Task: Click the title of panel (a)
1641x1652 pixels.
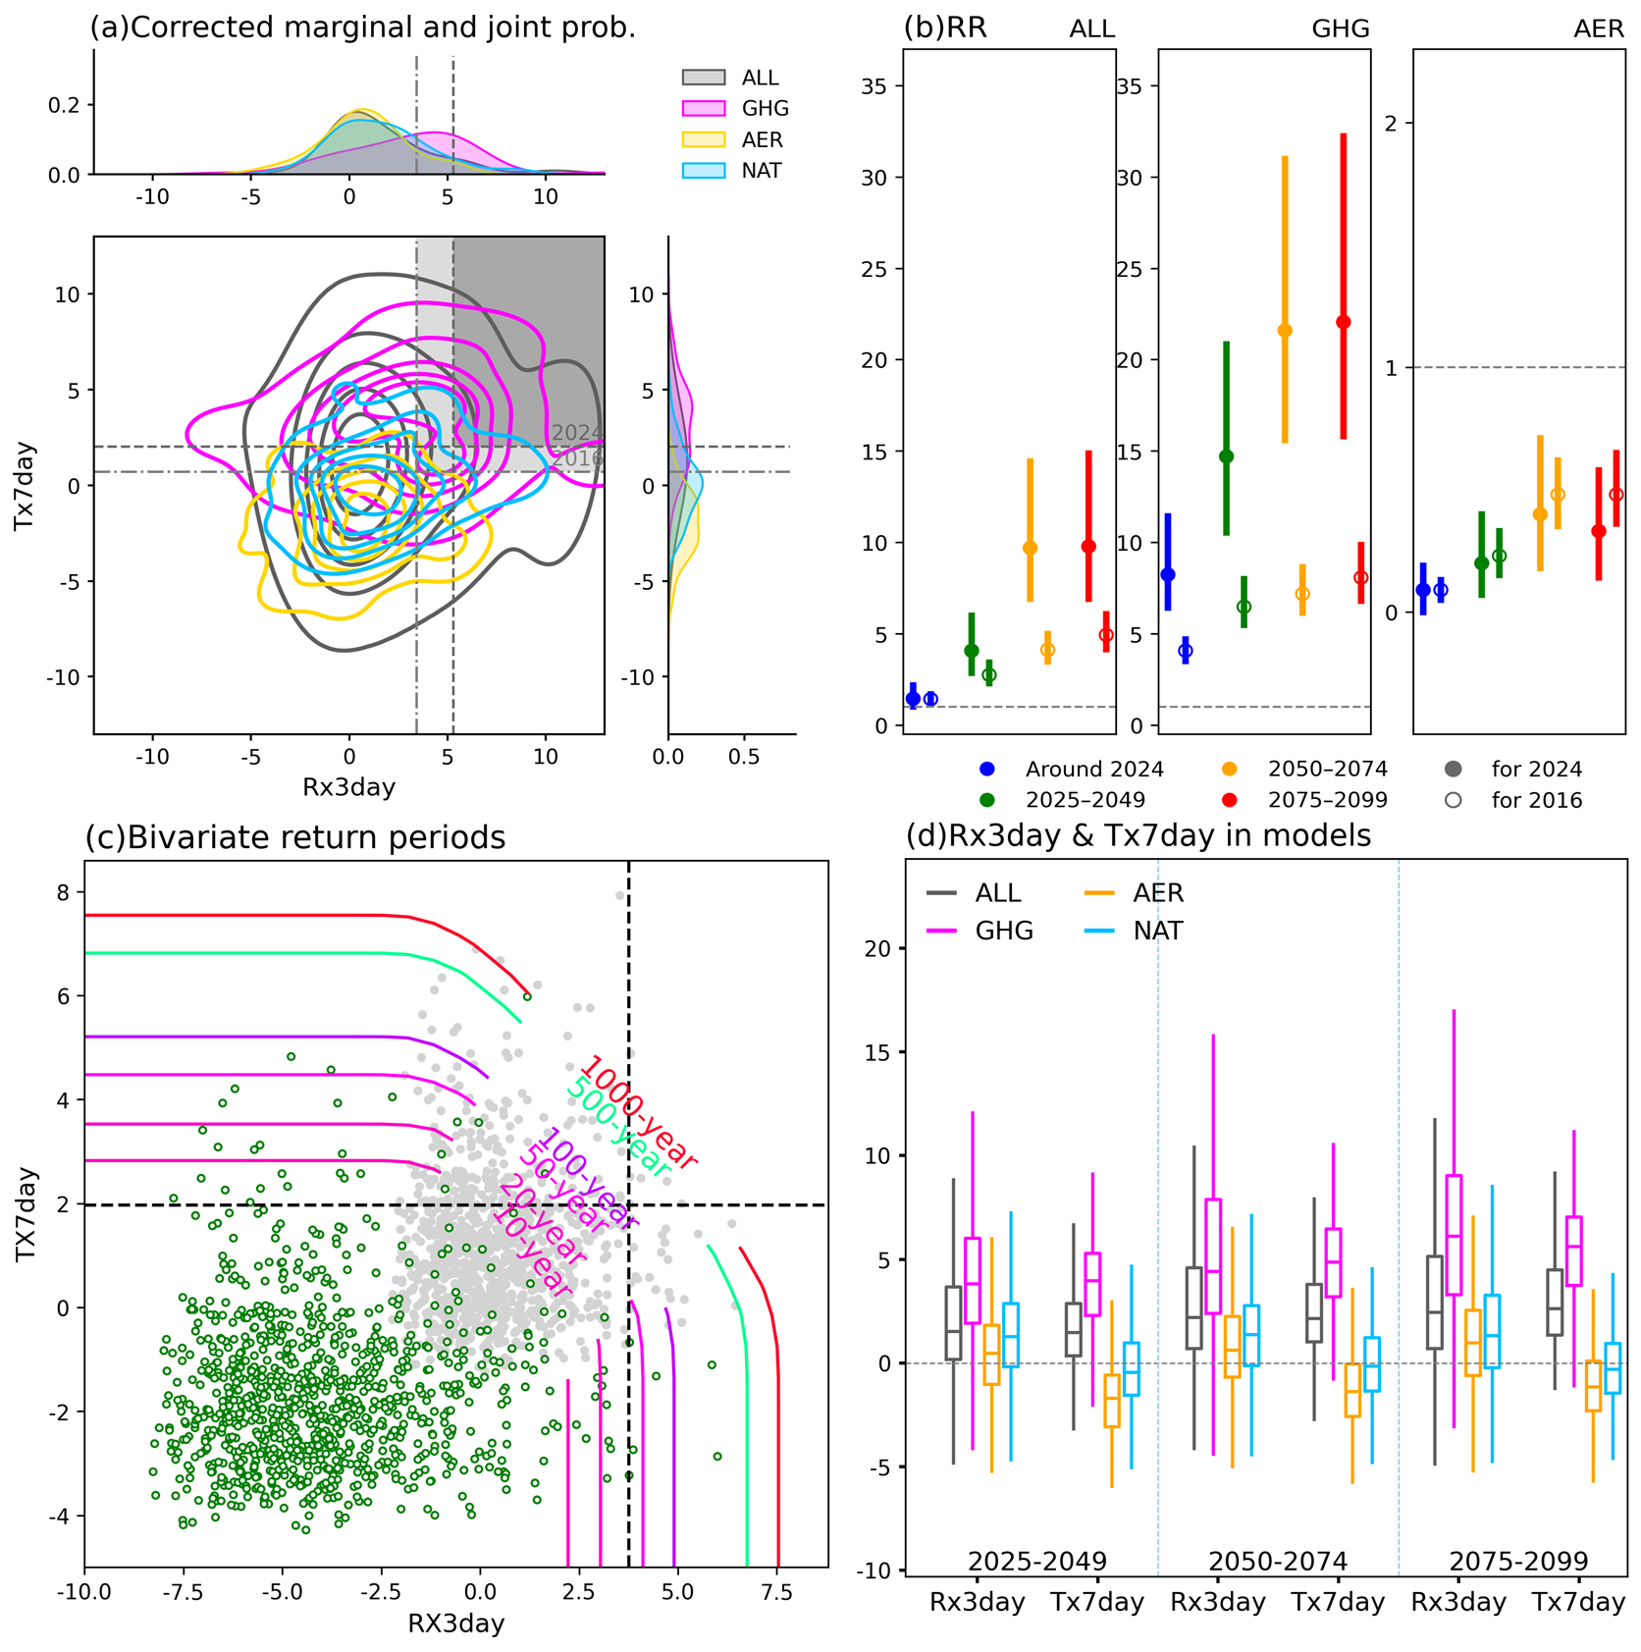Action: point(363,27)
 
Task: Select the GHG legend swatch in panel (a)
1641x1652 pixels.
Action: point(703,108)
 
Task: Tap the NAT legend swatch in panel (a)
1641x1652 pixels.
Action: point(703,171)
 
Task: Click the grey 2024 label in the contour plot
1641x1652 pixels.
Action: point(576,433)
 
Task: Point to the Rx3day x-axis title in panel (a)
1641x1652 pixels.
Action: point(348,787)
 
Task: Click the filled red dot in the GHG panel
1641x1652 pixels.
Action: point(1344,322)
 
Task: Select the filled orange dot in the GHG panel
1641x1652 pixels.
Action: point(1285,331)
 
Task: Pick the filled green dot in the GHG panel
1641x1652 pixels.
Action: point(1226,456)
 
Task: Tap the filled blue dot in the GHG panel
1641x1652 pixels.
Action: point(1168,575)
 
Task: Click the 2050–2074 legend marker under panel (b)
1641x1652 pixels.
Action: point(1230,770)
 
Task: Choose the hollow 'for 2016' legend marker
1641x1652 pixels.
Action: point(1454,800)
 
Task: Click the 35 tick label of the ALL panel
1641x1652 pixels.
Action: point(873,86)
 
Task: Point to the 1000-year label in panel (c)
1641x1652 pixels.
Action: point(639,1112)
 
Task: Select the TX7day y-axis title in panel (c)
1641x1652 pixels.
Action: point(26,1213)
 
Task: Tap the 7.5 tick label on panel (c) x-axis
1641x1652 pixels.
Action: point(776,1591)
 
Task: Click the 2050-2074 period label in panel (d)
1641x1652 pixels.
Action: point(1277,1561)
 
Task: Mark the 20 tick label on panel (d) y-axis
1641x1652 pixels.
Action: point(877,948)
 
